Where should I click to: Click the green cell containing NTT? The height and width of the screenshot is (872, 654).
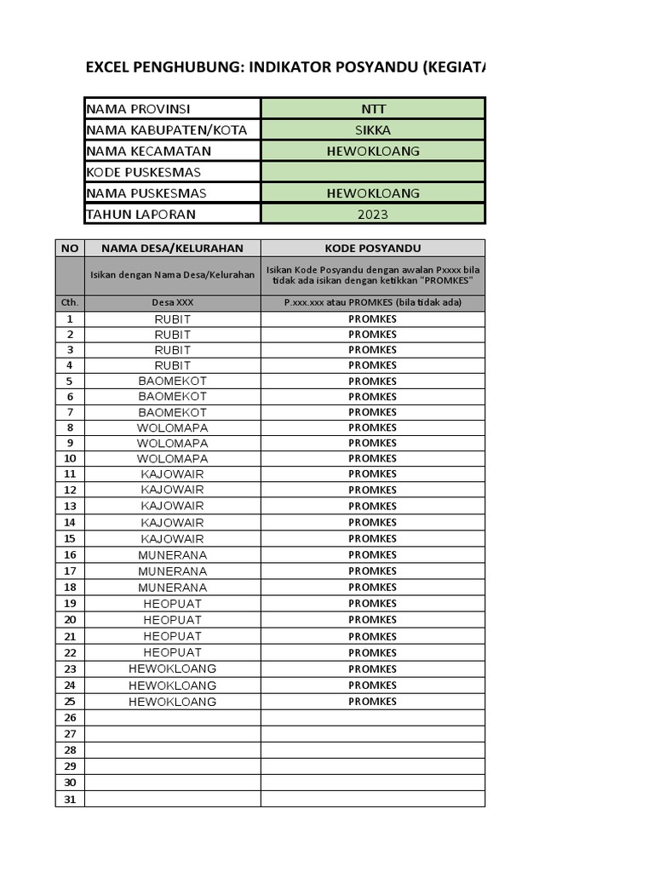373,109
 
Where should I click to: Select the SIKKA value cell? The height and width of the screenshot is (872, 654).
373,130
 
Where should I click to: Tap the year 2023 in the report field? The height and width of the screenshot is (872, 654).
373,215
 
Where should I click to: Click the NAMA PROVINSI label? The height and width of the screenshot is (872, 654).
139,109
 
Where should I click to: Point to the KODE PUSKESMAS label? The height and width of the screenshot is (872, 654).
144,172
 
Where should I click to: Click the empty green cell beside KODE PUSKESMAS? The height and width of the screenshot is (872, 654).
373,172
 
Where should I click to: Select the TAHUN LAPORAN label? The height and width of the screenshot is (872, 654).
141,215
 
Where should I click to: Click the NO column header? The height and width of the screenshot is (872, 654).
70,248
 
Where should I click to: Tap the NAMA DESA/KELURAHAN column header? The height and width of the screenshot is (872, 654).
173,248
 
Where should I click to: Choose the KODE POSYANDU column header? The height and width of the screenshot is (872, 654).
373,248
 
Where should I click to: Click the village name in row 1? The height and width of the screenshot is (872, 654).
173,319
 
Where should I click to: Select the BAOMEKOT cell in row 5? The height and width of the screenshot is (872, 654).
173,381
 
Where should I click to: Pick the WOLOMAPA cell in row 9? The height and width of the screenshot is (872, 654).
173,443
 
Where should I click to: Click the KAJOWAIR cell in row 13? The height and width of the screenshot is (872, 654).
173,506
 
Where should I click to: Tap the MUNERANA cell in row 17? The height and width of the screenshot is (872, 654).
173,571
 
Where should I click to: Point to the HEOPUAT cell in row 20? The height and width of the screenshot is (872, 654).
173,619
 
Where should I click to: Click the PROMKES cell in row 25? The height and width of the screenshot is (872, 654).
373,702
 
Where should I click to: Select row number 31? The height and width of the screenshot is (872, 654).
70,799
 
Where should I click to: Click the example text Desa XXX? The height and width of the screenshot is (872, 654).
173,302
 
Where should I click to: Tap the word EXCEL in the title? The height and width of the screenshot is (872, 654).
107,68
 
